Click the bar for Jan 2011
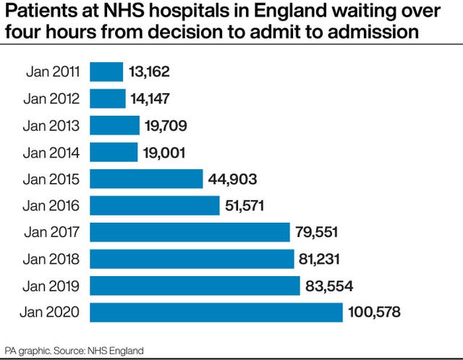click(106, 72)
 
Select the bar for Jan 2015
click(146, 179)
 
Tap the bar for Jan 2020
click(216, 312)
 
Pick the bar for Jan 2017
click(190, 232)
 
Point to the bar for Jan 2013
click(114, 125)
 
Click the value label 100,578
click(374, 312)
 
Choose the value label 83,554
click(329, 286)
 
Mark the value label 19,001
click(165, 152)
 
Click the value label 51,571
click(245, 205)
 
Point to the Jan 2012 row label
click(53, 98)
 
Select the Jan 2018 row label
click(53, 259)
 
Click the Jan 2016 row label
click(53, 205)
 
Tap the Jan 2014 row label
click(53, 152)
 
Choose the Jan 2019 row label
click(53, 286)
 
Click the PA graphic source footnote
click(74, 350)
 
